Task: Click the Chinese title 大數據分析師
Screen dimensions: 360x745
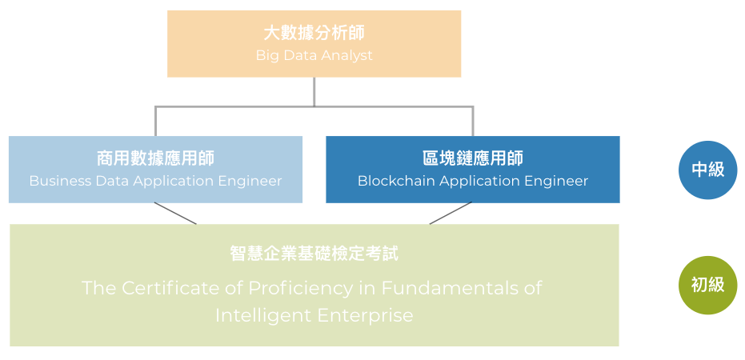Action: [314, 33]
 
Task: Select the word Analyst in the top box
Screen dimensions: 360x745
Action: [346, 56]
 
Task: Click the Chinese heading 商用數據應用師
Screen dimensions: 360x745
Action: [155, 158]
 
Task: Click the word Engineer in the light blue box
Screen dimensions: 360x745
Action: [250, 181]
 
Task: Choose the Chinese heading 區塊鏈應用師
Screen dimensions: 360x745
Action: [472, 158]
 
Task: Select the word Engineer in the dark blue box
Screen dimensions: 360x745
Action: [556, 181]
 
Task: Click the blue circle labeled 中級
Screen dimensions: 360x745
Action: [707, 170]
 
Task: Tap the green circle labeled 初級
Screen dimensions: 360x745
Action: [707, 284]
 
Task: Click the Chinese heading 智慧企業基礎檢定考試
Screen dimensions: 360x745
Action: [314, 254]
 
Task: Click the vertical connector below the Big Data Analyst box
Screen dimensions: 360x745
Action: [314, 91]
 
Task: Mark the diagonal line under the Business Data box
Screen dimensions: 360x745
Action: [175, 214]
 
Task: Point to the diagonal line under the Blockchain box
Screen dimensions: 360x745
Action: [451, 214]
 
